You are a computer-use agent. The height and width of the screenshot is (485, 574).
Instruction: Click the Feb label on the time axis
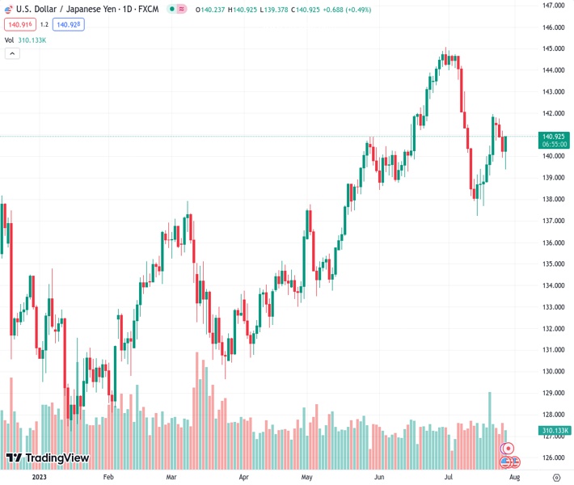pyautogui.click(x=108, y=477)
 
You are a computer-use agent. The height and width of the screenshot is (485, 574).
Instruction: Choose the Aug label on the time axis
pyautogui.click(x=514, y=477)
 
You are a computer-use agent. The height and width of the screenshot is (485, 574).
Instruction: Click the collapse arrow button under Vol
pyautogui.click(x=12, y=53)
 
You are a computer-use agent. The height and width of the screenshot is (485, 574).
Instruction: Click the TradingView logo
pyautogui.click(x=47, y=458)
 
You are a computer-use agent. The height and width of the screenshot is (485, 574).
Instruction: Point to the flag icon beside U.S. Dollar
pyautogui.click(x=8, y=9)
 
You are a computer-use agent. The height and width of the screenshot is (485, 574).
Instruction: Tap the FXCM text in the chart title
pyautogui.click(x=148, y=9)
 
